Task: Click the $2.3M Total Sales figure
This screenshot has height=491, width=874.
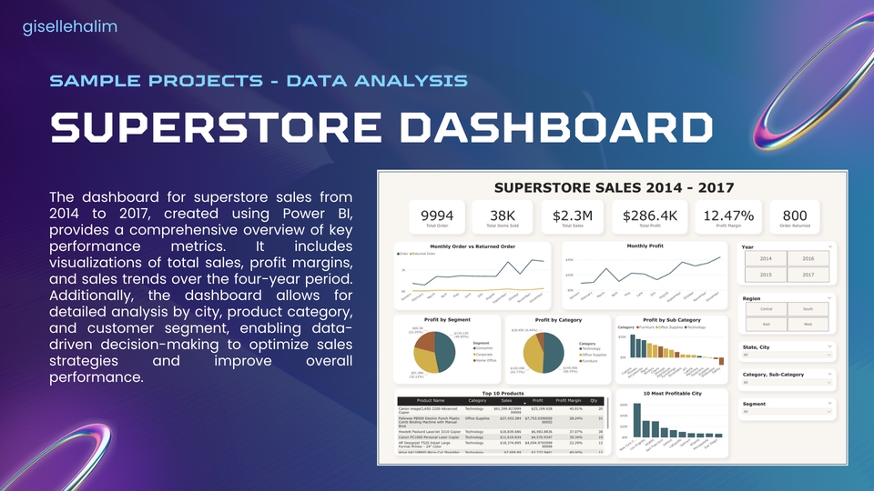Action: (x=573, y=215)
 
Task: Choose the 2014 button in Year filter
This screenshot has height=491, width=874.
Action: (x=765, y=258)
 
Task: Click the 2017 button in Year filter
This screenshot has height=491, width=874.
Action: (x=808, y=275)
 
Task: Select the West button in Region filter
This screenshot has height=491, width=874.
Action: (x=808, y=325)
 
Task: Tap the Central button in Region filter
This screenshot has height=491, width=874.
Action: (x=765, y=308)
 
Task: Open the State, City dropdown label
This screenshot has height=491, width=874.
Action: (x=757, y=346)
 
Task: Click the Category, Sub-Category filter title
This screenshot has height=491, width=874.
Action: (x=773, y=375)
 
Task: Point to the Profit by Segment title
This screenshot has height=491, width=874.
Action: (x=446, y=320)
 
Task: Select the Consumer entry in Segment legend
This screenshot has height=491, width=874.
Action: (x=484, y=348)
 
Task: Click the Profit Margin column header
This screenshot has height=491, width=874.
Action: (x=569, y=400)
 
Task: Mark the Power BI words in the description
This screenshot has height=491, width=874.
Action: (x=325, y=214)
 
